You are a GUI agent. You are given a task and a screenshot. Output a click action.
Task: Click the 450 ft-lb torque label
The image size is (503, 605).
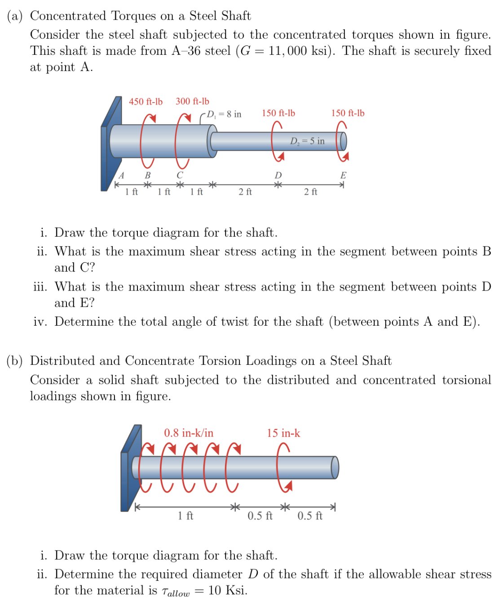[x=146, y=102]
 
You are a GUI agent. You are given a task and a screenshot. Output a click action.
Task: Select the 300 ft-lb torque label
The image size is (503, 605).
[x=192, y=101]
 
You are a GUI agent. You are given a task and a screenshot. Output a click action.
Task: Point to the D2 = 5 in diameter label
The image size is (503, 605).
[x=307, y=141]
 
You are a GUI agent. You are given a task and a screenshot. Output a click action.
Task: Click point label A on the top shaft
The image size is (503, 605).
[x=121, y=175]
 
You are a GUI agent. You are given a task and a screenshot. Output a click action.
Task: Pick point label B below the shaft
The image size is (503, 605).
[x=147, y=175]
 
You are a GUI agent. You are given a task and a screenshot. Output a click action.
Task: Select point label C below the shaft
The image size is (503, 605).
[x=180, y=175]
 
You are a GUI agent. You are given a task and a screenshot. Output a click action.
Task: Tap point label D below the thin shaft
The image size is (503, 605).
[x=278, y=175]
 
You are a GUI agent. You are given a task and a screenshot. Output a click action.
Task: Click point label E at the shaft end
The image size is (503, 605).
[x=343, y=175]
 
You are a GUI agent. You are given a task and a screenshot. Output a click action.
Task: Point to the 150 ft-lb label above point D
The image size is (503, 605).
[x=278, y=113]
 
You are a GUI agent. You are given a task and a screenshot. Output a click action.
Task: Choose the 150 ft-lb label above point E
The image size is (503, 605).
[x=348, y=113]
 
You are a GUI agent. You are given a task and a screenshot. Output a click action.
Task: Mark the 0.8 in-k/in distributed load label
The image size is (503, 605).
[x=189, y=433]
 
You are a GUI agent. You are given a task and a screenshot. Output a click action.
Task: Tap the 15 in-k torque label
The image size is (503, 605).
[x=283, y=433]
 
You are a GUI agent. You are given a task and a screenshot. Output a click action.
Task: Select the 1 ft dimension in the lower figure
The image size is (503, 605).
[x=185, y=515]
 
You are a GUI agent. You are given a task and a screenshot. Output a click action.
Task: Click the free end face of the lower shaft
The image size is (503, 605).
[x=335, y=467]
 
